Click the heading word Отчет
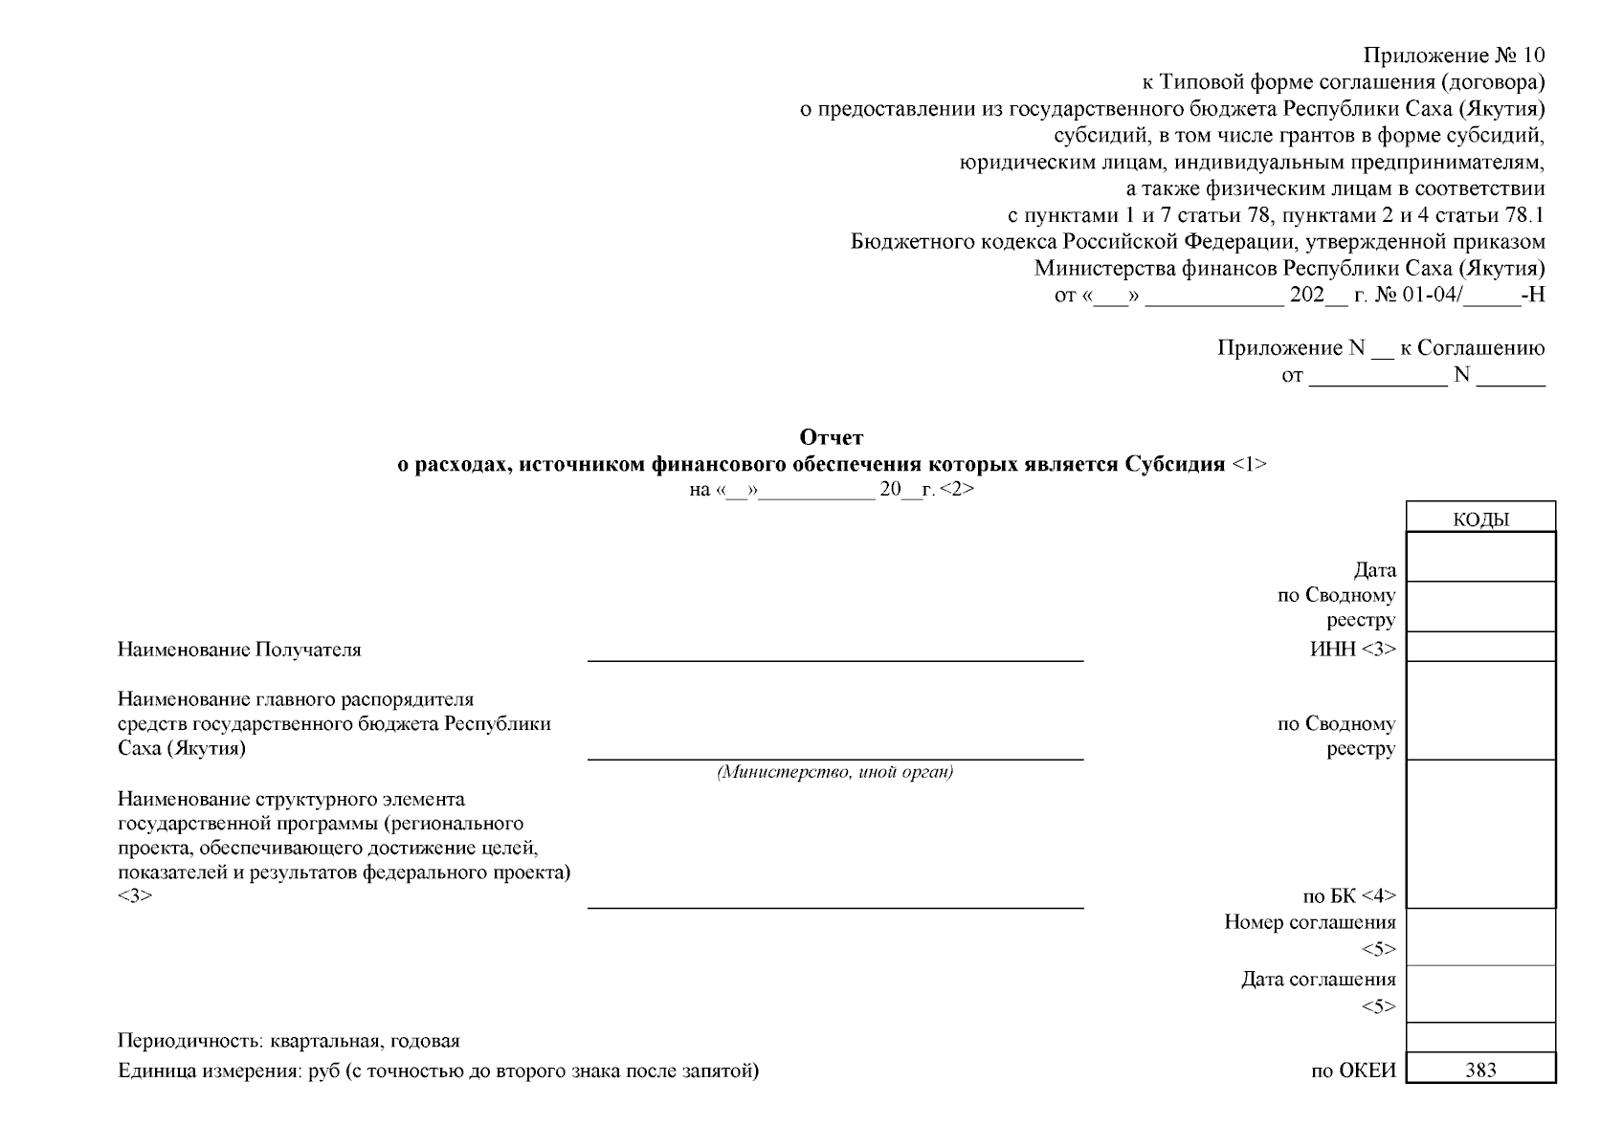pyautogui.click(x=831, y=438)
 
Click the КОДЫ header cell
pyautogui.click(x=1479, y=519)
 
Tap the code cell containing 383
pyautogui.click(x=1479, y=1070)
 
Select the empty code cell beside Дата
pyautogui.click(x=1479, y=558)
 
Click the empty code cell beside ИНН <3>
pyautogui.click(x=1479, y=647)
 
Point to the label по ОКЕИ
pyautogui.click(x=1352, y=1071)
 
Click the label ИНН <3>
pyautogui.click(x=1352, y=649)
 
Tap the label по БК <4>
pyautogui.click(x=1348, y=896)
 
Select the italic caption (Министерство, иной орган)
pyautogui.click(x=834, y=772)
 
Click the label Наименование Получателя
pyautogui.click(x=239, y=650)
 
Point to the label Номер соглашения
pyautogui.click(x=1309, y=922)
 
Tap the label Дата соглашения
pyautogui.click(x=1318, y=979)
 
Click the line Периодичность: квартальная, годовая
pyautogui.click(x=288, y=1041)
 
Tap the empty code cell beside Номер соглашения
pyautogui.click(x=1479, y=937)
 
